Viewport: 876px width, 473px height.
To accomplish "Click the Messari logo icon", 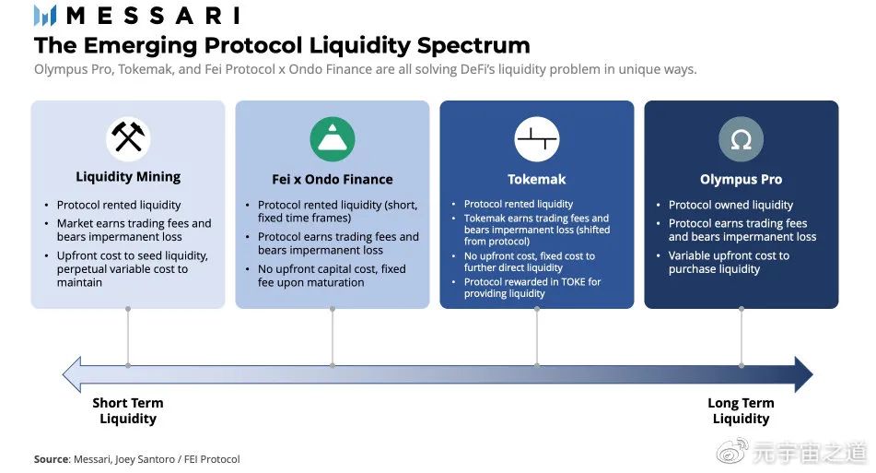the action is click(45, 16).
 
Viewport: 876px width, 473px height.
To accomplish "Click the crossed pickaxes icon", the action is click(128, 138).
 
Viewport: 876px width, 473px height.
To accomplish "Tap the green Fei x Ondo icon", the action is click(333, 138).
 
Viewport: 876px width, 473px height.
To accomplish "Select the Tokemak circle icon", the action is click(537, 138).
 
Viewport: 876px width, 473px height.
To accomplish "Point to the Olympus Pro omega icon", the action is click(741, 138).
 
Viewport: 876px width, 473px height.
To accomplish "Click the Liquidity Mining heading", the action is click(128, 177).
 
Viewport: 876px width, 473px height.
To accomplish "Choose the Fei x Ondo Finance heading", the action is click(333, 180).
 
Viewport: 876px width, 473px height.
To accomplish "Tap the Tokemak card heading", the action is click(537, 180).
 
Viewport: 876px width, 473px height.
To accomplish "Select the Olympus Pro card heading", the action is click(741, 180).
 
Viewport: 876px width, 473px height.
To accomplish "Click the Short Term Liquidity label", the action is click(128, 411).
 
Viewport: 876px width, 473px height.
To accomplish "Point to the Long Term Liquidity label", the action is click(741, 411).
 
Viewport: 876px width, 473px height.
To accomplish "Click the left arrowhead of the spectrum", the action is click(72, 374).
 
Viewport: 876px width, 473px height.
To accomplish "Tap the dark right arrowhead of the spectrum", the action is click(804, 374).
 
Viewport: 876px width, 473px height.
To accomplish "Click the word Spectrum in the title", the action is click(473, 46).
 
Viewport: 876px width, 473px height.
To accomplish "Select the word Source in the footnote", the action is click(51, 459).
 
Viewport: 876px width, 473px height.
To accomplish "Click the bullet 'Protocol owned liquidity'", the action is click(730, 205).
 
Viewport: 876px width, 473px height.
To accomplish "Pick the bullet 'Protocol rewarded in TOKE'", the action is click(532, 288).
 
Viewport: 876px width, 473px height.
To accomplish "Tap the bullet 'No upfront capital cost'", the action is click(332, 276).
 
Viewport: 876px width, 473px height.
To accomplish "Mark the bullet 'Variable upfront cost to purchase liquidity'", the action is click(729, 262).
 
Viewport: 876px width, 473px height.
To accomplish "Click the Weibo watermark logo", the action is click(732, 452).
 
